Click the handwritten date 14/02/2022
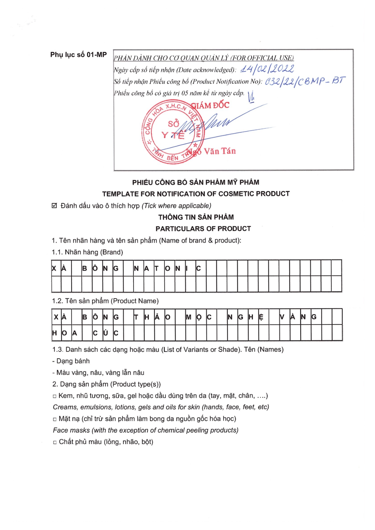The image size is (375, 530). pos(267,69)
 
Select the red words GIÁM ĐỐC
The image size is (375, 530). pos(210,105)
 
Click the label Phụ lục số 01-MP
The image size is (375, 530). pos(78,55)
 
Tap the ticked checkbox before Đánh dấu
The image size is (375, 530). pos(54,206)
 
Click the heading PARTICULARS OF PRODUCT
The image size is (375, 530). pos(203,229)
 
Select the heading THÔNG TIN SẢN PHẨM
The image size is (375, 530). pos(196,217)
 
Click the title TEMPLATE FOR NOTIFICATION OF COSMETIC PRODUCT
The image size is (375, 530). pos(196,194)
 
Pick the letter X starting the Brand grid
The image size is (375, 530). pos(54,268)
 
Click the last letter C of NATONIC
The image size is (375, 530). pos(198,268)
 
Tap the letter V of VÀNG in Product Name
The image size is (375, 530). pos(282,317)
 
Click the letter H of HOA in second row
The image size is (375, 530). pos(54,333)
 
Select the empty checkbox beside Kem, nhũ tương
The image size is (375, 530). pos(55,396)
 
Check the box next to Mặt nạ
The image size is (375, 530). pos(55,419)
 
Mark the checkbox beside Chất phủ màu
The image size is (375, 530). pos(55,443)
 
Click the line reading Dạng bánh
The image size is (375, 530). pos(73,361)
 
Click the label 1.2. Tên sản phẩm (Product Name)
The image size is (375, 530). pos(105,301)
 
